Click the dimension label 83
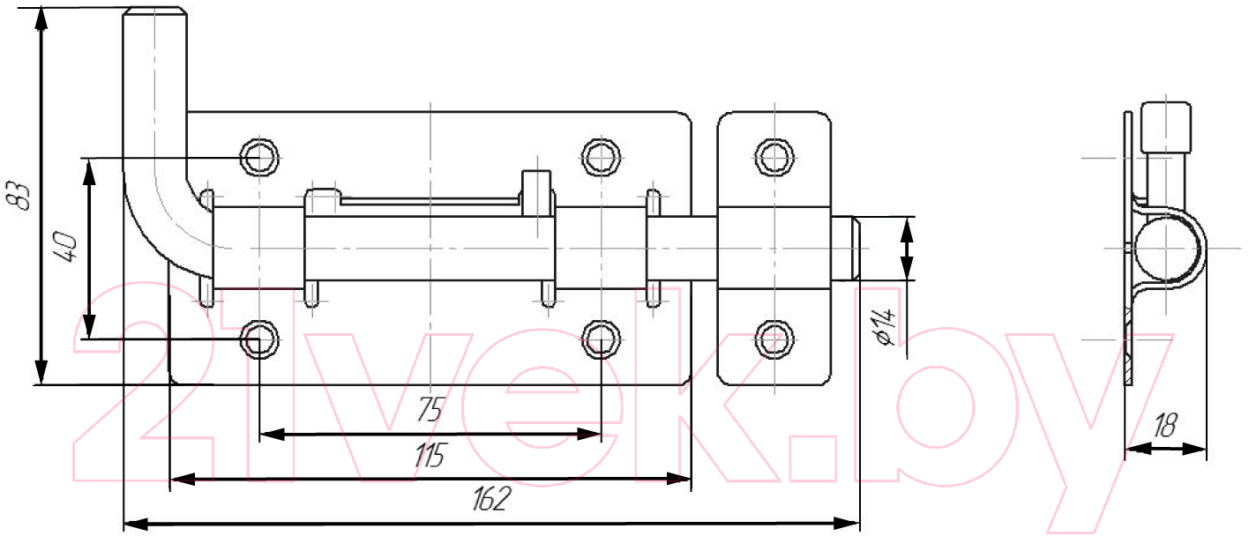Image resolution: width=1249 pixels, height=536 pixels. [x=19, y=195]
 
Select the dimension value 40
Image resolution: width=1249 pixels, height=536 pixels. [x=66, y=247]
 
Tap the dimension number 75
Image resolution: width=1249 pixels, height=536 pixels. [x=430, y=410]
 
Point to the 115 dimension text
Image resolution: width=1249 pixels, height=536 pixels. [x=430, y=455]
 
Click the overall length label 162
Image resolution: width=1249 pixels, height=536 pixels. [x=490, y=499]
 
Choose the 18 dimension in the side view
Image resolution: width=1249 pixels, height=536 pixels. [x=1164, y=426]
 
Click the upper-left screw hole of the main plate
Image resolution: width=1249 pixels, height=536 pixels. [x=259, y=158]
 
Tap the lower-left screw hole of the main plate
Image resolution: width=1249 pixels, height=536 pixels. [x=259, y=339]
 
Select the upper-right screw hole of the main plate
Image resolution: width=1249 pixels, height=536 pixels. [x=601, y=158]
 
